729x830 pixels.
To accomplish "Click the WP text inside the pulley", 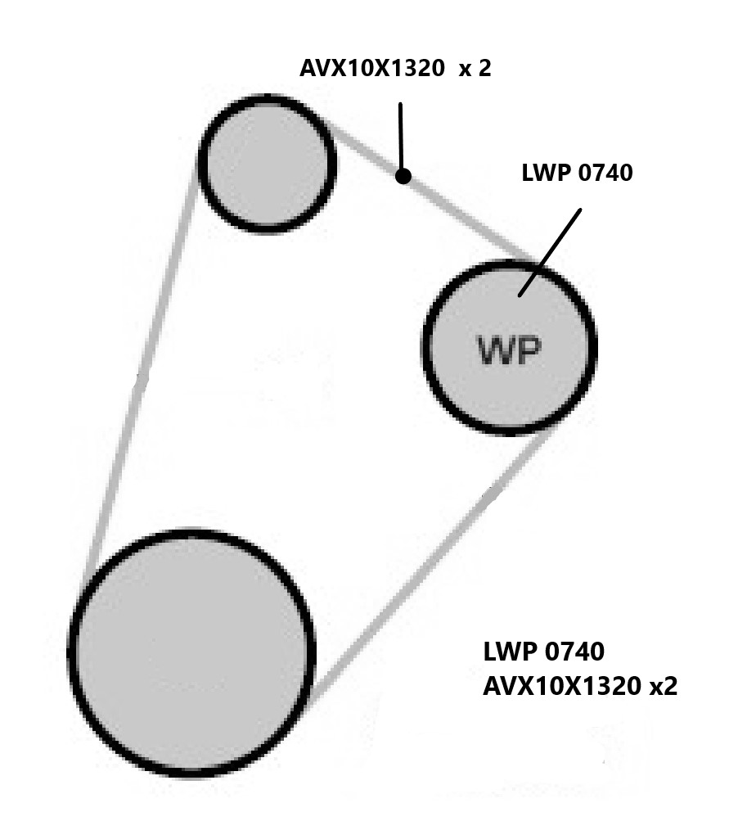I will pyautogui.click(x=509, y=351).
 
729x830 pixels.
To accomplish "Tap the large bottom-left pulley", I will pyautogui.click(x=192, y=652).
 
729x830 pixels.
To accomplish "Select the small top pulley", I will pyautogui.click(x=267, y=162).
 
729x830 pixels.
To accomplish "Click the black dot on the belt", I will pyautogui.click(x=403, y=176).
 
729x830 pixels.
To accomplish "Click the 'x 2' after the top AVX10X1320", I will pyautogui.click(x=475, y=68).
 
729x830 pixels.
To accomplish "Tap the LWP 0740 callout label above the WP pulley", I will pyautogui.click(x=577, y=174).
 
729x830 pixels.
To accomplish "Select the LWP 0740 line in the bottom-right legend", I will pyautogui.click(x=543, y=652).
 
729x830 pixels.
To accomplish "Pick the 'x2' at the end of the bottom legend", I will pyautogui.click(x=663, y=686).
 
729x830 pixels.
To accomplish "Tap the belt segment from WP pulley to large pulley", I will pyautogui.click(x=425, y=565).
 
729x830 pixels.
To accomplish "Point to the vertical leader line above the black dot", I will pyautogui.click(x=401, y=135).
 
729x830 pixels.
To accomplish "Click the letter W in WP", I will pyautogui.click(x=495, y=351).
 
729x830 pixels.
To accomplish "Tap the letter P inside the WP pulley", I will pyautogui.click(x=528, y=351).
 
